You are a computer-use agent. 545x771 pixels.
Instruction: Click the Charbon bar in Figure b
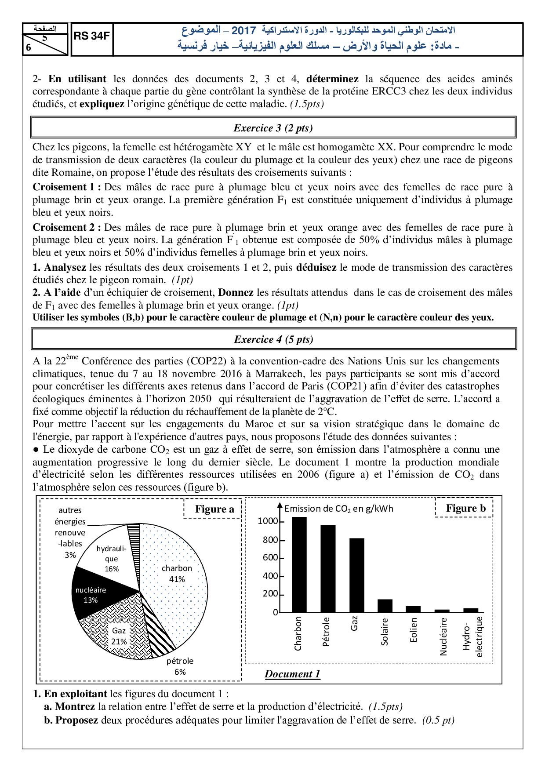(299, 565)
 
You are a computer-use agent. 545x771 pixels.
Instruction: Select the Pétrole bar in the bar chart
(328, 569)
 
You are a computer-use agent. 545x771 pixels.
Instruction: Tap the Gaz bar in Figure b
(357, 575)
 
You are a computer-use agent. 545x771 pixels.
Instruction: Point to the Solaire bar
(385, 606)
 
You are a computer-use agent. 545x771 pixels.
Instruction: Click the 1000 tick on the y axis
(268, 521)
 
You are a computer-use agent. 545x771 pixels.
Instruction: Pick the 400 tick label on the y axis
(270, 576)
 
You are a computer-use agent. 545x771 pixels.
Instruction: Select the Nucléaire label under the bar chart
(443, 636)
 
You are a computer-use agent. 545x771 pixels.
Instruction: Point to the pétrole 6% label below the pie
(180, 666)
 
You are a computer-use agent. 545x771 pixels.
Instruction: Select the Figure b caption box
(465, 509)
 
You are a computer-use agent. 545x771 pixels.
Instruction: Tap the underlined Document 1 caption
(292, 674)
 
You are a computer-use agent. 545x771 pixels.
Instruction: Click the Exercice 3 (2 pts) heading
(273, 128)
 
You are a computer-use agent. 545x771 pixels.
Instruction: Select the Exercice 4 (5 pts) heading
(273, 339)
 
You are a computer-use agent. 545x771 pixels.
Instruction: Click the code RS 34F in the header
(91, 36)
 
